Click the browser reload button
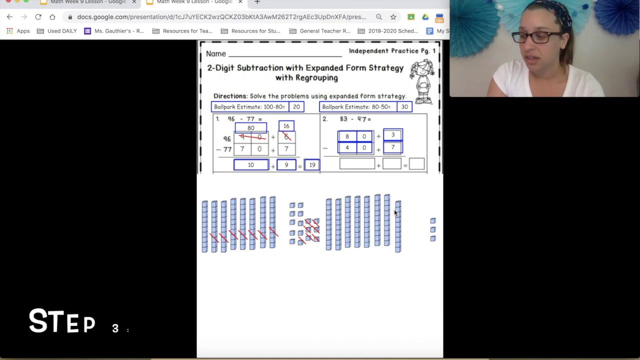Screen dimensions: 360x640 coord(38,17)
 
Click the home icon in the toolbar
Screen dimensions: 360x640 coord(52,17)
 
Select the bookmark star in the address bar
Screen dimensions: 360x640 coord(393,17)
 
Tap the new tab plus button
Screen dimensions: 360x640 coord(257,2)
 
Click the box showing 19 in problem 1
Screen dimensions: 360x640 coord(312,165)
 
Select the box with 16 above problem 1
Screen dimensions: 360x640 coord(286,126)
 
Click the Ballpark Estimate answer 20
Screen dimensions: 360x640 coord(296,107)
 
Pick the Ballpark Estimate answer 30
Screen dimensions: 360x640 coord(404,107)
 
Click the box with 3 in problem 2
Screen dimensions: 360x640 coord(393,135)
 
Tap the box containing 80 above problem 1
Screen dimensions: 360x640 coord(251,128)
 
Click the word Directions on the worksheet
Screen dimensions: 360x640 coord(230,96)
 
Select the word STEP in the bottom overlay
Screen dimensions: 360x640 coord(62,321)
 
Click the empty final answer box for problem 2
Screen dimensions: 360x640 coord(416,164)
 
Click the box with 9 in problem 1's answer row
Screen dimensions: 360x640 coord(286,165)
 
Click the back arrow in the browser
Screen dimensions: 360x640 coord(10,17)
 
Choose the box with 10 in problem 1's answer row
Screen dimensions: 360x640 coord(251,165)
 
